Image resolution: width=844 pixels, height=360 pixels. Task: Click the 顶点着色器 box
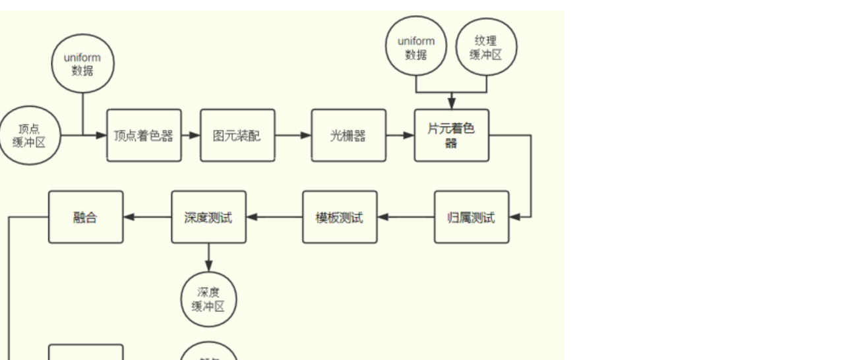coord(144,135)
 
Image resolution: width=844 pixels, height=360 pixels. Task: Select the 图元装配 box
coord(237,135)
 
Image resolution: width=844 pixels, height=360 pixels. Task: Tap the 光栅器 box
coord(348,135)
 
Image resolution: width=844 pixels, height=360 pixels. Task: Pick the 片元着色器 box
coord(451,135)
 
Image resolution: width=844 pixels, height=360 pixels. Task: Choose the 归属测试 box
coord(471,217)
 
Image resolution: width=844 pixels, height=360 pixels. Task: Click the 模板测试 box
coord(340,217)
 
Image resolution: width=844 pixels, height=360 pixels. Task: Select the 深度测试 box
coord(208,217)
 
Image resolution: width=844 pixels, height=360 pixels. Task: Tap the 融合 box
coord(86,217)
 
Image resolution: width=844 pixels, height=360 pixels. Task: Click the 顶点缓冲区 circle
coord(29,135)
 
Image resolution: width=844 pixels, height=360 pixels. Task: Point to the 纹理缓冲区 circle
coord(486,47)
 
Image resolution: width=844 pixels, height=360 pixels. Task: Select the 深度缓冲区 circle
coord(208,299)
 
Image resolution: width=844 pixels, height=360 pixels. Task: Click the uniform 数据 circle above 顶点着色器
coord(82,64)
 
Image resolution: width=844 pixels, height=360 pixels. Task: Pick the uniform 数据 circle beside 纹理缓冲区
coord(416,47)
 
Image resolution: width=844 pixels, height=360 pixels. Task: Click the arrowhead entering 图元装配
coord(195,135)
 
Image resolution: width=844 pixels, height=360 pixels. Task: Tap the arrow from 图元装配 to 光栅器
coord(293,135)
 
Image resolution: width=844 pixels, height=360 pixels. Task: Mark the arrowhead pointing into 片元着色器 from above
coord(451,104)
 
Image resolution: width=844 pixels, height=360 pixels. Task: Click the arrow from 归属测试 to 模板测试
coord(406,217)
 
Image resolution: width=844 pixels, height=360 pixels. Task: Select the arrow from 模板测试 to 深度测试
coord(274,217)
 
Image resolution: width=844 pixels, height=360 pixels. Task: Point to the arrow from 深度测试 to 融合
coord(147,217)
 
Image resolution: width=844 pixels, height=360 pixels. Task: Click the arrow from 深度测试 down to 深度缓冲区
coord(208,257)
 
